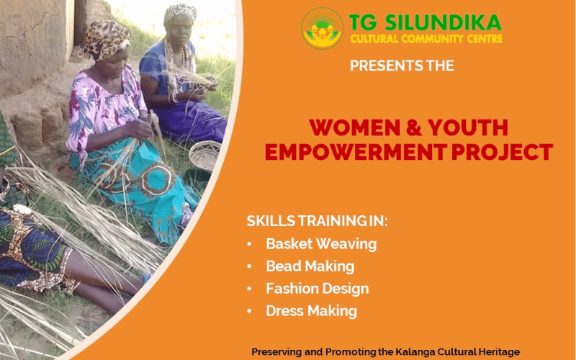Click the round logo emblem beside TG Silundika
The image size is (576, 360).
(x=322, y=28)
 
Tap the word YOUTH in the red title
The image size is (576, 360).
(x=467, y=127)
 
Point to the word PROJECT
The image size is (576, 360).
(x=502, y=152)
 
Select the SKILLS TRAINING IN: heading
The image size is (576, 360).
(x=317, y=221)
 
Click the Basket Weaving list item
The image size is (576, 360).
(x=321, y=244)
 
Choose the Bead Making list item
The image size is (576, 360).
(x=310, y=266)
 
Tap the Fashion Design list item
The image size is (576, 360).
(x=318, y=289)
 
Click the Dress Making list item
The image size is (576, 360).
(x=312, y=311)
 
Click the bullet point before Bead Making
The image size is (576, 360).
(x=249, y=266)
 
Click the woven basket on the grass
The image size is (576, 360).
(x=204, y=156)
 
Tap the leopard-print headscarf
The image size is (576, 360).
(x=107, y=39)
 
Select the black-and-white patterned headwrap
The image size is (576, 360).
(x=181, y=12)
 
